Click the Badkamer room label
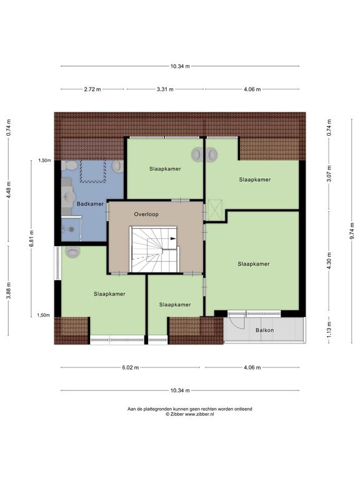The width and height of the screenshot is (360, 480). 90,204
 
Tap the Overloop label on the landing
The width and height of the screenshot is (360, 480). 146,214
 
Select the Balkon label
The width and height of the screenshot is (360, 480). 265,330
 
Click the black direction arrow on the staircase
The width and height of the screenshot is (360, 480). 173,239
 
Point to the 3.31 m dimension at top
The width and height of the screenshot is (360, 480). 165,89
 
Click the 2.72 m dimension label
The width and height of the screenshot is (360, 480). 92,89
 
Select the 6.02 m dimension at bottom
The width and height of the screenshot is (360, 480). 131,367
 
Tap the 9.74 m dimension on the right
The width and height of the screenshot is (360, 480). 352,230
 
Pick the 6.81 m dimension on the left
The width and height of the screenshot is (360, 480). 31,239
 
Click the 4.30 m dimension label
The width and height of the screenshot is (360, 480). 329,261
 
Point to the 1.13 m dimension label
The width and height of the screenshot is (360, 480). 329,329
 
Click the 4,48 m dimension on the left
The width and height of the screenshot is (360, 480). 9,190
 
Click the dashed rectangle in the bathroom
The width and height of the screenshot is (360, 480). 92,171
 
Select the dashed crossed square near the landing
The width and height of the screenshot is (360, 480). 214,210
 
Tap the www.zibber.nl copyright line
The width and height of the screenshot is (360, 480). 190,414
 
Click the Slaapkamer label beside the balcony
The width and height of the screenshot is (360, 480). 254,264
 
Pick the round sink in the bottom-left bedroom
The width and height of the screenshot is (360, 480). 73,252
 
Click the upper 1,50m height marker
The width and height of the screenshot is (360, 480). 44,161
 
